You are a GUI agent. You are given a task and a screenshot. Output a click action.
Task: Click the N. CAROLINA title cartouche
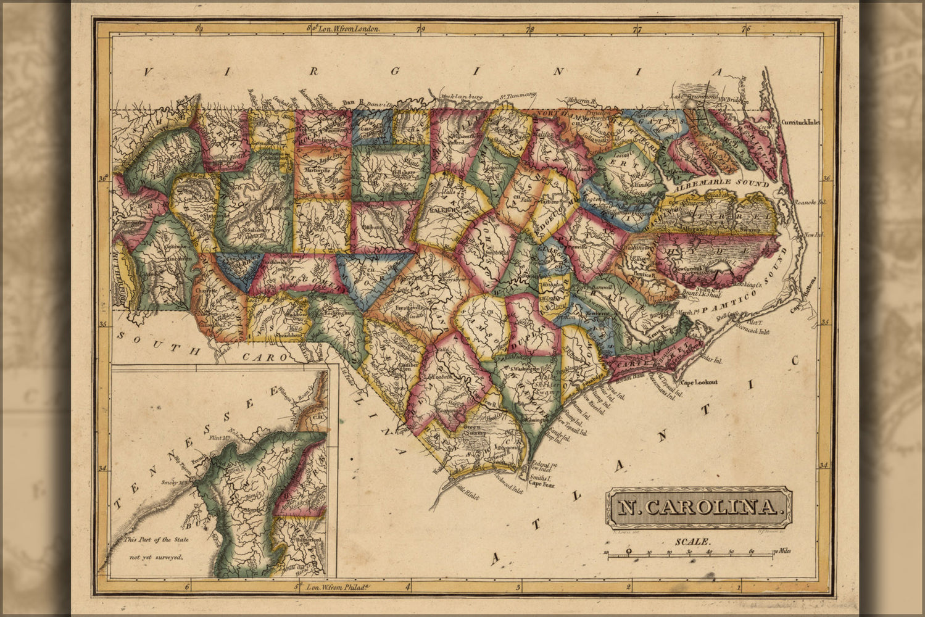tap(698, 507)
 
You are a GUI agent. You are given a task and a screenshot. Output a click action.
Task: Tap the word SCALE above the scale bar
tap(693, 541)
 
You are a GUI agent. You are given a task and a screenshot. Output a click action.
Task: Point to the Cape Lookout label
tap(699, 382)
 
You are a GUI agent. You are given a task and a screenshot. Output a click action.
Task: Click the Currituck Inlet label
tap(800, 122)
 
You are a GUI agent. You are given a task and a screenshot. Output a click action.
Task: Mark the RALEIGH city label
tap(437, 210)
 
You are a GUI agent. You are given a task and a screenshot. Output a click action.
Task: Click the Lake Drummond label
tap(694, 96)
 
